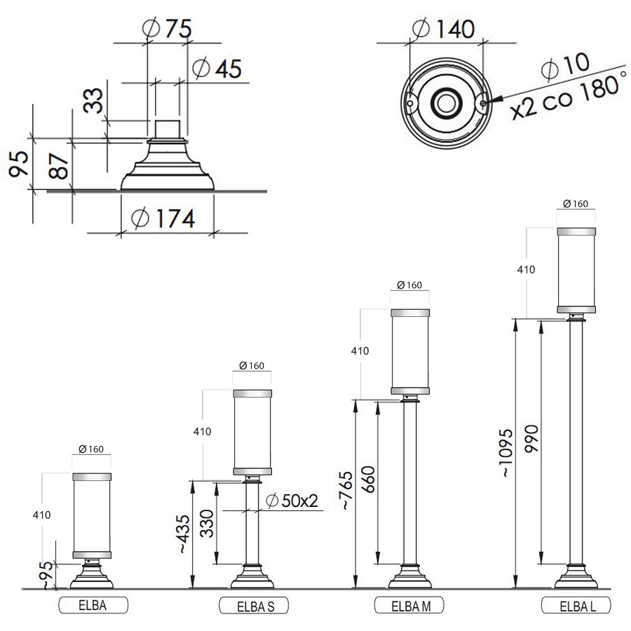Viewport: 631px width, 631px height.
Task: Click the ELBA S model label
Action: coord(255,606)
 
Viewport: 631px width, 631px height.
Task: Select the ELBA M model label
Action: coord(411,606)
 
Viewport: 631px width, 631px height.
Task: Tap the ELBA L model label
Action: coord(578,606)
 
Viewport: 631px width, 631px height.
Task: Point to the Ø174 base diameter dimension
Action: coord(163,218)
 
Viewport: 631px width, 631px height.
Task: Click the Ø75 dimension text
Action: coord(168,28)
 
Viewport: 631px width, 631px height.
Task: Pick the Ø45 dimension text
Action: coord(217,68)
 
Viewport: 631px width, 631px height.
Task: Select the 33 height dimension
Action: coord(93,100)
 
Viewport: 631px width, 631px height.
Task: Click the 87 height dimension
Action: coord(59,165)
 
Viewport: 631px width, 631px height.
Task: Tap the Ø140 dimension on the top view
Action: coord(444,29)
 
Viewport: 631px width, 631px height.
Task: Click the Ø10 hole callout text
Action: coord(566,65)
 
